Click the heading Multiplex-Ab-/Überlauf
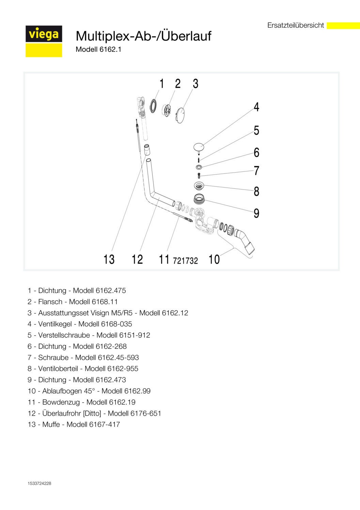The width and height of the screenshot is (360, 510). (x=143, y=36)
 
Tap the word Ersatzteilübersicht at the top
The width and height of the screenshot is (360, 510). (x=295, y=26)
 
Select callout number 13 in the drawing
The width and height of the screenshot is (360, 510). (x=109, y=259)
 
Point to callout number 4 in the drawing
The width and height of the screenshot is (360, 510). (x=256, y=107)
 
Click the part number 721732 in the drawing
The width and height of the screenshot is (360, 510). (x=185, y=261)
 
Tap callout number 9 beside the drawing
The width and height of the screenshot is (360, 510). (x=256, y=213)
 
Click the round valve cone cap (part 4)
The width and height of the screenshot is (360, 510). (x=199, y=147)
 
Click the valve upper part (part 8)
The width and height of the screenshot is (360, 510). (x=199, y=186)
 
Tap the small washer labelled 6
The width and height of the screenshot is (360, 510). (x=199, y=167)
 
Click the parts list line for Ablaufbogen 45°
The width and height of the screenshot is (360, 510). (x=89, y=391)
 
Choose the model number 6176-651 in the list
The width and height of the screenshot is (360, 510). (x=146, y=414)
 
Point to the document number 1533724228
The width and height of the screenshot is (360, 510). (x=40, y=483)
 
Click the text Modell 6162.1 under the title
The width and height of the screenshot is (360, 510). (x=98, y=49)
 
